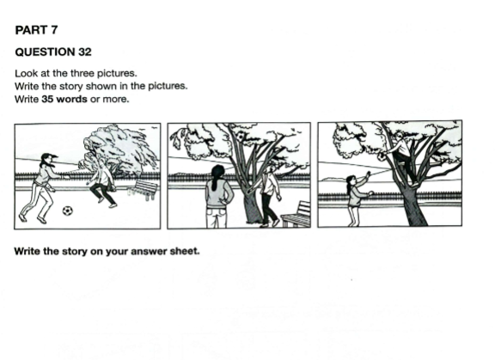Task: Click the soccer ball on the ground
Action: (67, 211)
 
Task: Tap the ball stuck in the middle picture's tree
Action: (242, 137)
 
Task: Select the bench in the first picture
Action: (143, 189)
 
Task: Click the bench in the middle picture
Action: (296, 215)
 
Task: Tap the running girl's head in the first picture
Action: (48, 159)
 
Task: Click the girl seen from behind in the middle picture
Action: (218, 196)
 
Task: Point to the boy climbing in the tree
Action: (402, 158)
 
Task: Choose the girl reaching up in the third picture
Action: (358, 198)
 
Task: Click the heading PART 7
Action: (36, 30)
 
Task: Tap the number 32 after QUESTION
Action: (85, 52)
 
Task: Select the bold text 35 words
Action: (64, 99)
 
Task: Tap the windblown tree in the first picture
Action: (119, 151)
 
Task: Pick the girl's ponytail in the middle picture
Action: (216, 180)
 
